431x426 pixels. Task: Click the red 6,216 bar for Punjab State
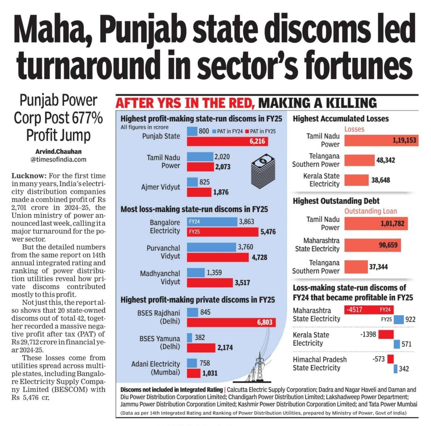coord(227,141)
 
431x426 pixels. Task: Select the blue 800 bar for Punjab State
coord(192,131)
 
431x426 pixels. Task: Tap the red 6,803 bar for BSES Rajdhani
coord(231,322)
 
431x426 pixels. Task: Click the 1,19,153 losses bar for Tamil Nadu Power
coord(380,140)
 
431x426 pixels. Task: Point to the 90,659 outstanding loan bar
coord(372,245)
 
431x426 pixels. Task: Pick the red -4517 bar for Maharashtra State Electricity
coord(369,309)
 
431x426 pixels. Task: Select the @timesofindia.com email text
coord(58,159)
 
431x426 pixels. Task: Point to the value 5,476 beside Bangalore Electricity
coord(268,232)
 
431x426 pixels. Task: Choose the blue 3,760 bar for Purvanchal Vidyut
coord(211,247)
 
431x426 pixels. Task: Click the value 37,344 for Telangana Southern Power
coord(378,267)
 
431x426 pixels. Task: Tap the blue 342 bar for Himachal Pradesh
coord(395,369)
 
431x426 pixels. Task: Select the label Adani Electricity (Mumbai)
coord(156,368)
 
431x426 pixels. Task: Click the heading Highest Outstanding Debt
coord(336,201)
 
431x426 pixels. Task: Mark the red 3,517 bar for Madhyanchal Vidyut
coord(210,283)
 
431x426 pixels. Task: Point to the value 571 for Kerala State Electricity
coord(407,344)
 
